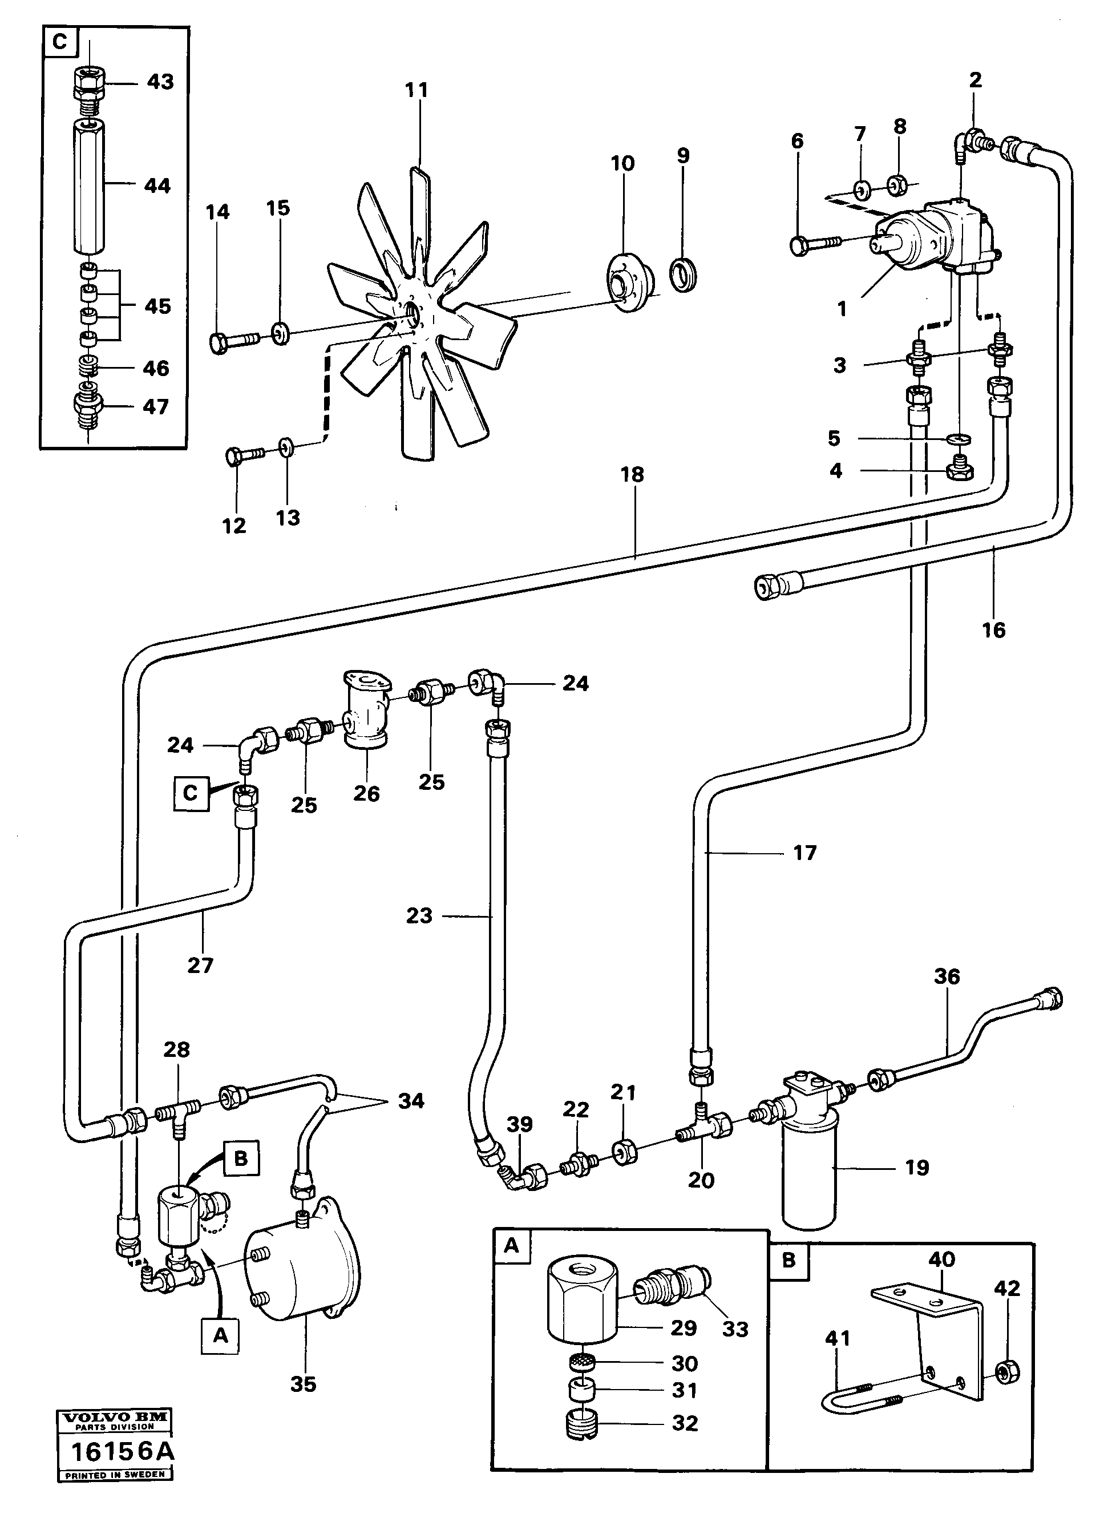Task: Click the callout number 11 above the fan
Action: [x=417, y=90]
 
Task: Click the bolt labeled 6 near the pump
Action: [x=813, y=244]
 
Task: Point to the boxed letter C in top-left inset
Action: [x=60, y=42]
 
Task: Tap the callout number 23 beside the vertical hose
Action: [x=419, y=915]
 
